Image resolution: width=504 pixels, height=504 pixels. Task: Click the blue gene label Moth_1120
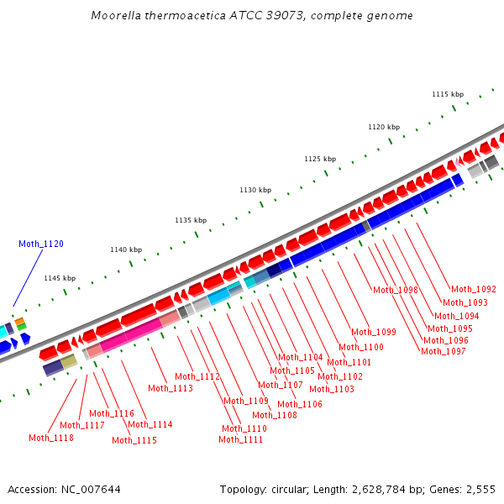(x=41, y=244)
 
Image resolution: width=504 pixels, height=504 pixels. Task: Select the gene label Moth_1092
(x=474, y=289)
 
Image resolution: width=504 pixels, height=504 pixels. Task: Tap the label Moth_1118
(x=51, y=438)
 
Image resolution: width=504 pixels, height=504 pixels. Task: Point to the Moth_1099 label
(x=374, y=332)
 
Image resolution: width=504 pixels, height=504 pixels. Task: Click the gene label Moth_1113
(x=171, y=388)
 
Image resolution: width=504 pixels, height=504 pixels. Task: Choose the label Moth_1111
(x=241, y=439)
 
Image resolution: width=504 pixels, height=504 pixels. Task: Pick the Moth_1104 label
(x=301, y=357)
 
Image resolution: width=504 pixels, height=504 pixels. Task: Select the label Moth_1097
(x=444, y=351)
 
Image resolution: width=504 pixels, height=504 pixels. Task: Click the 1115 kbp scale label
(x=448, y=95)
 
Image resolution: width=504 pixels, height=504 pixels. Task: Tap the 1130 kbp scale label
(x=255, y=191)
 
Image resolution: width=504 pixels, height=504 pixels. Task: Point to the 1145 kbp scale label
(x=60, y=278)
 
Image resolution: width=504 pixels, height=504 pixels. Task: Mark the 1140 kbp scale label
(x=126, y=249)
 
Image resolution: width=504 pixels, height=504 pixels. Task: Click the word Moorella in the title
(x=118, y=16)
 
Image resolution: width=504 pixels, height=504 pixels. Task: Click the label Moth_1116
(x=112, y=413)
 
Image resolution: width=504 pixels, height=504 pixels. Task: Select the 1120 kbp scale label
(x=384, y=127)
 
